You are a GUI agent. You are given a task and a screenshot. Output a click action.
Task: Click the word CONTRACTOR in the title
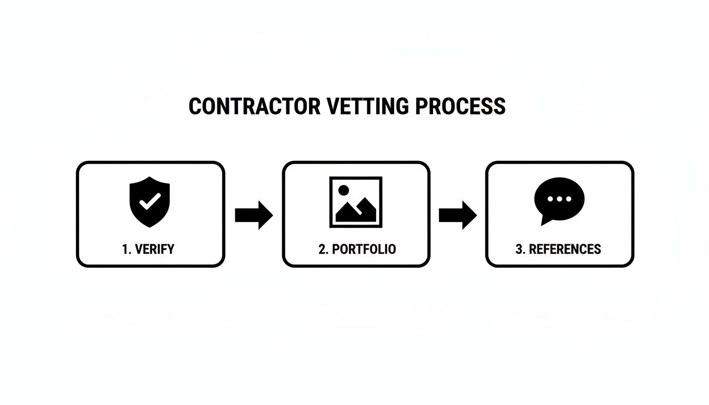click(254, 107)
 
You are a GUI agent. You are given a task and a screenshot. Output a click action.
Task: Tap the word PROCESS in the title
click(460, 107)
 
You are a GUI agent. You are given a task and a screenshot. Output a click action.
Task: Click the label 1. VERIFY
click(148, 249)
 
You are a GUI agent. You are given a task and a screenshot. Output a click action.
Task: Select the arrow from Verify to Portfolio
click(253, 215)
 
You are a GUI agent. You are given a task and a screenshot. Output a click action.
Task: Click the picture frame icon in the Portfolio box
click(356, 202)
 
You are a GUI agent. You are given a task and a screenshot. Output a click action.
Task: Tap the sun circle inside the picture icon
click(343, 190)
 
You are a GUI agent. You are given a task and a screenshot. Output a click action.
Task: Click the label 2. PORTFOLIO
click(357, 249)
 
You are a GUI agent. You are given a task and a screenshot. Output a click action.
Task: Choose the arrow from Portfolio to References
click(457, 215)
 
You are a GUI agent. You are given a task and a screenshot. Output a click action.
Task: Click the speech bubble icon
click(559, 198)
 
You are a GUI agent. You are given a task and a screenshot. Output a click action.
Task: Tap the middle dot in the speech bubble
click(559, 199)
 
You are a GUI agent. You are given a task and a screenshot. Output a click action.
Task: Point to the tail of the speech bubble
click(544, 221)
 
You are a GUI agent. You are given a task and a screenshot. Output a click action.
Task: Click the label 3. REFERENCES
click(558, 249)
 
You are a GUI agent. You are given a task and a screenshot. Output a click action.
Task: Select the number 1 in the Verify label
click(125, 249)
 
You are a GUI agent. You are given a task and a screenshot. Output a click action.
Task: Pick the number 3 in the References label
click(519, 249)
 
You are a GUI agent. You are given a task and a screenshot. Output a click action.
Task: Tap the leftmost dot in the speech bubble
click(551, 199)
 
